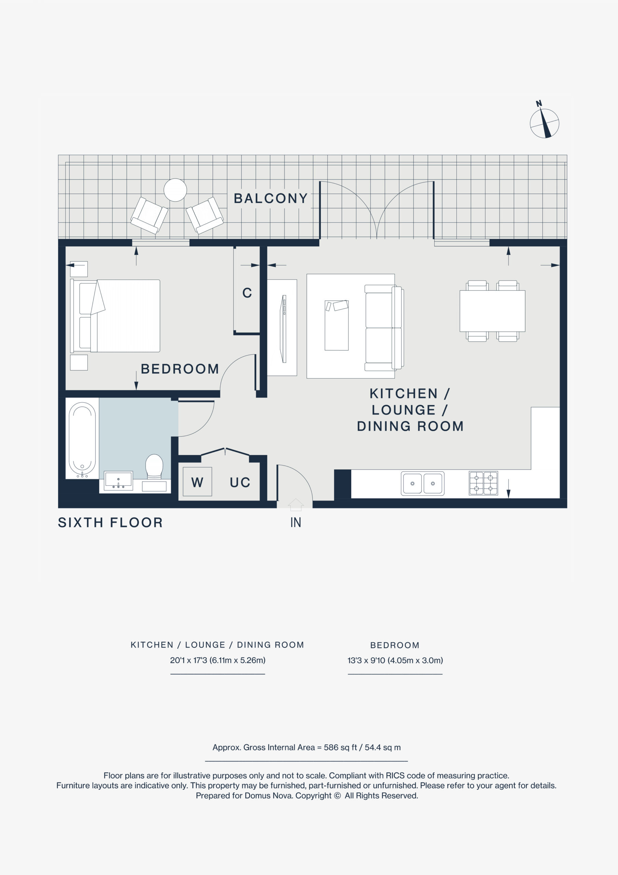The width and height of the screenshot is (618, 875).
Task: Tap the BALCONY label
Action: [271, 199]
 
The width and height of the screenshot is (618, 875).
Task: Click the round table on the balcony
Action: [175, 190]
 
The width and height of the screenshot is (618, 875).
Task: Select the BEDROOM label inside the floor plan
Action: [180, 369]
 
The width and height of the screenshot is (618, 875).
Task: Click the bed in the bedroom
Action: [115, 315]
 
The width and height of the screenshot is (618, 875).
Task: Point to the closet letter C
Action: [247, 293]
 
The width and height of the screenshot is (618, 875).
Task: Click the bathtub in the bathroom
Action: [82, 438]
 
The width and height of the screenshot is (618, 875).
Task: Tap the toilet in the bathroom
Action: [154, 466]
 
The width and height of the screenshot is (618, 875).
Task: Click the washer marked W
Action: [197, 482]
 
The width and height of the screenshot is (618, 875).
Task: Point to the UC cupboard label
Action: [240, 483]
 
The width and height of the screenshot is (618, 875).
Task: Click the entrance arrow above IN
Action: [296, 504]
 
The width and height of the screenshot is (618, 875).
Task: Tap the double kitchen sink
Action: [423, 483]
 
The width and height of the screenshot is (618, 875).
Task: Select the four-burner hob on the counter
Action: [483, 483]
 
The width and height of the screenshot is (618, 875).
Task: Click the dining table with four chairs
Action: [492, 311]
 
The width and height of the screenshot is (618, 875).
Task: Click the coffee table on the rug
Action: [337, 325]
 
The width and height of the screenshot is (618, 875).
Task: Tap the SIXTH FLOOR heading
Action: [110, 523]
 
